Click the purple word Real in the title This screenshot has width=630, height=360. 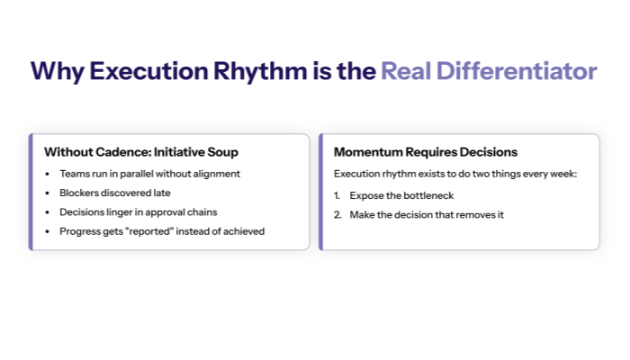click(402, 71)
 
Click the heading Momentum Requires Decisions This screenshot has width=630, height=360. click(426, 152)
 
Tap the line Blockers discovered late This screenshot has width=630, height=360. click(114, 193)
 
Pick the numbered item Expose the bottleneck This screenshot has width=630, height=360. click(400, 195)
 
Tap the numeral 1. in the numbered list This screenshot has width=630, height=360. click(337, 195)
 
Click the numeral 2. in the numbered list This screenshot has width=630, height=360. click(337, 215)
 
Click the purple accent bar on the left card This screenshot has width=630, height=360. click(31, 192)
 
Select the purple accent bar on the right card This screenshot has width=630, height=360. click(320, 192)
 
